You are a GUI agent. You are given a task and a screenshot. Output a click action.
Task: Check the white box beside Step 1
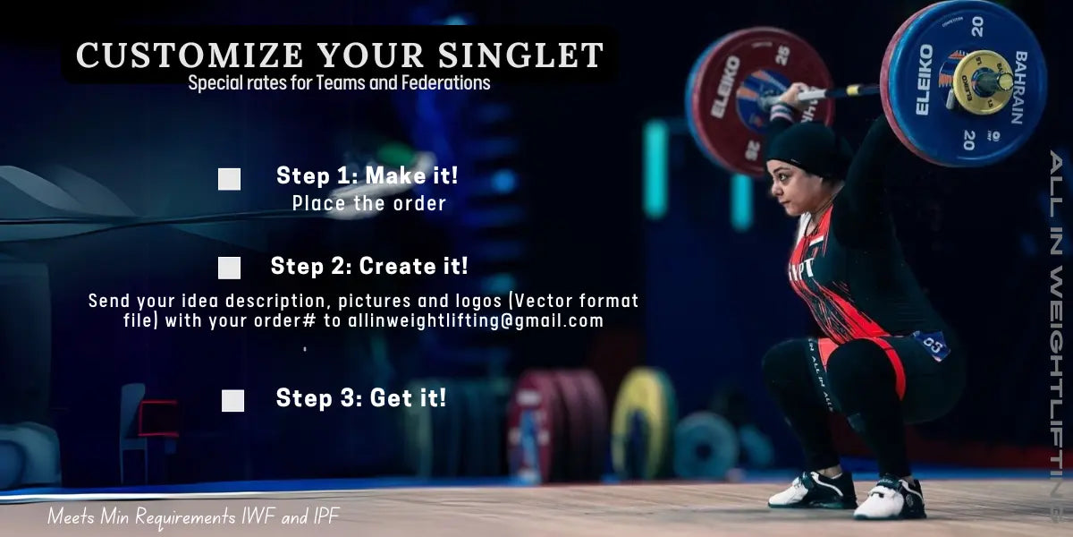click(x=230, y=179)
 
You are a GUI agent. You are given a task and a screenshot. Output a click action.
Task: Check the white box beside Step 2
click(x=230, y=268)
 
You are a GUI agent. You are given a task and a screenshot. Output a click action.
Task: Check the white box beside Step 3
click(x=232, y=400)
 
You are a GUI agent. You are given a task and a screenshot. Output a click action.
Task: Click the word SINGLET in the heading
click(x=520, y=55)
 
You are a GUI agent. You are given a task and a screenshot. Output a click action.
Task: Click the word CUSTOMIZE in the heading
click(x=190, y=55)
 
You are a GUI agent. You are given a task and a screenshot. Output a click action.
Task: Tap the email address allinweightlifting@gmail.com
click(x=476, y=320)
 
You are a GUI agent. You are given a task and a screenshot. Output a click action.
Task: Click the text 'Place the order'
click(x=369, y=203)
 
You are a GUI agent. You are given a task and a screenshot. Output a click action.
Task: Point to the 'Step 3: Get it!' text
click(x=360, y=398)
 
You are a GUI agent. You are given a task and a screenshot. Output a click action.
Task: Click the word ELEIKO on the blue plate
click(x=925, y=80)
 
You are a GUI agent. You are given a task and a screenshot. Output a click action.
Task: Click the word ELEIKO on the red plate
click(x=725, y=86)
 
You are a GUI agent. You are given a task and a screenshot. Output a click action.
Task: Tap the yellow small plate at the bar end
click(x=982, y=81)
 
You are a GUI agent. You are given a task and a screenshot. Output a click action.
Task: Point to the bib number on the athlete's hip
click(x=932, y=344)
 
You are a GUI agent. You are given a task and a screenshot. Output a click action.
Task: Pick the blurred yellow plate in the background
click(x=642, y=424)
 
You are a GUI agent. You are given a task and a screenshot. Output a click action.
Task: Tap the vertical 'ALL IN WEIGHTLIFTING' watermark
click(x=1058, y=336)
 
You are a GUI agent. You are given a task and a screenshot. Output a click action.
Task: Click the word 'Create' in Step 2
click(x=398, y=266)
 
